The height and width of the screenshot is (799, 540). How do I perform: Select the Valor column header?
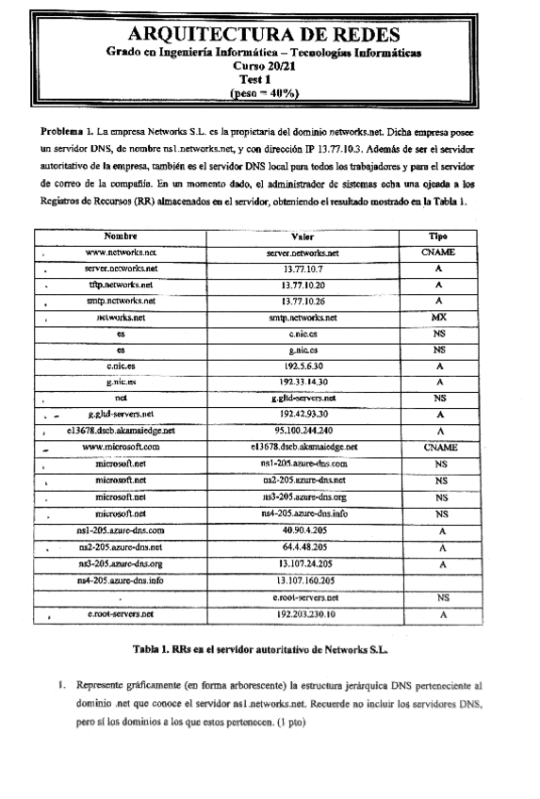click(x=303, y=237)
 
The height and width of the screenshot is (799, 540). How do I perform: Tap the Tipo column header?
click(x=438, y=237)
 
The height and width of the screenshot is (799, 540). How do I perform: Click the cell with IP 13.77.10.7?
click(x=303, y=269)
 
